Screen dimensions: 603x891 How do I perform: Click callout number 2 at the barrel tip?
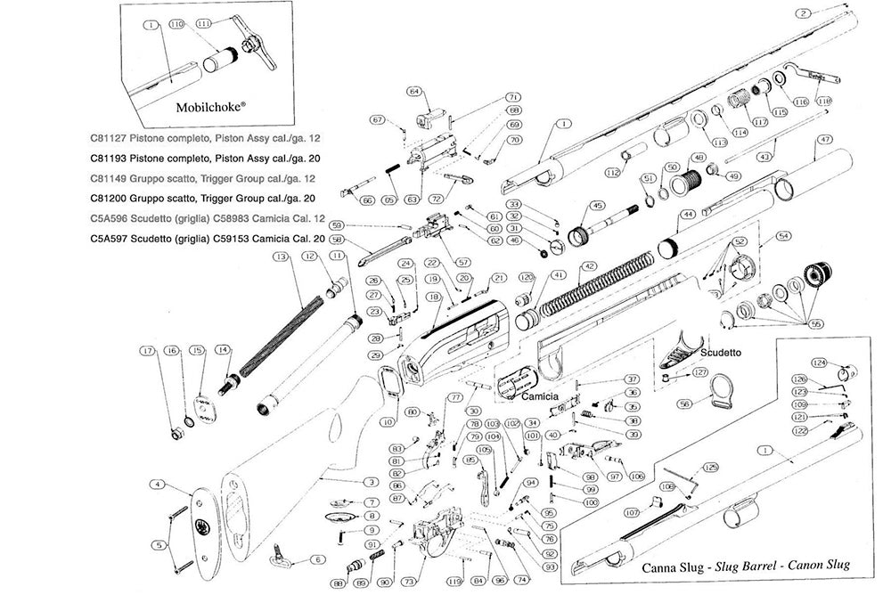(804, 13)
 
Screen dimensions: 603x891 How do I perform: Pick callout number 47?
(824, 140)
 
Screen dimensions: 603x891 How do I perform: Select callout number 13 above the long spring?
(282, 257)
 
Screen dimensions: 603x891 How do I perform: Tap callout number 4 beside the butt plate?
(157, 485)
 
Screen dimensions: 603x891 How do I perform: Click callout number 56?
(685, 403)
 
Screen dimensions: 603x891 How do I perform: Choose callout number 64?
(413, 91)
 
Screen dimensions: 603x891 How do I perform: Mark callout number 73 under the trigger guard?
(408, 581)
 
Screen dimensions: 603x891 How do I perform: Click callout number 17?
(148, 351)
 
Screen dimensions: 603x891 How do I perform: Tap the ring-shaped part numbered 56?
(723, 392)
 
